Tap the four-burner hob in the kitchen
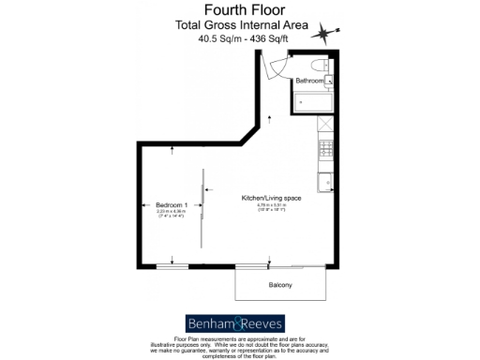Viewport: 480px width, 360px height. point(325,148)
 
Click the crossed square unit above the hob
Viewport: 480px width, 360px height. point(325,127)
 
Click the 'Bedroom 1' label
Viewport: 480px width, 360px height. point(172,204)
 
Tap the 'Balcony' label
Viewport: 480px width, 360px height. point(281,284)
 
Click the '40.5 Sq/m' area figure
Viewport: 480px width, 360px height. point(217,39)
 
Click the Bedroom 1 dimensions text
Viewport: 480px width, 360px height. point(172,213)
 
